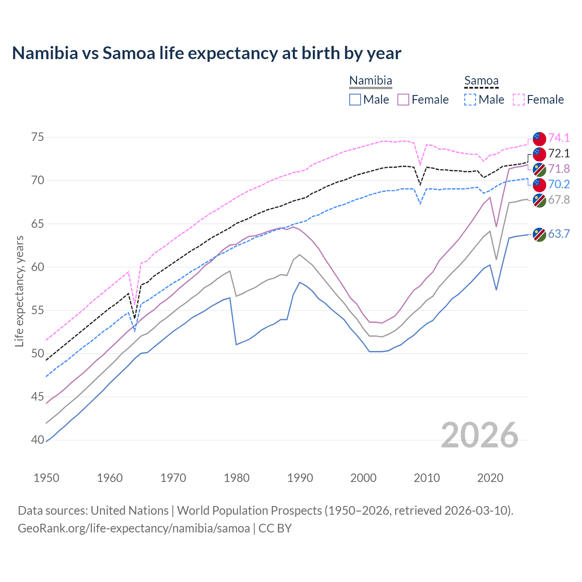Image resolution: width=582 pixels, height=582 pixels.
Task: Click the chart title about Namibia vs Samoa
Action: pos(206,53)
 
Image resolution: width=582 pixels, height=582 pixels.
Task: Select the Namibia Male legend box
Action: pos(355,100)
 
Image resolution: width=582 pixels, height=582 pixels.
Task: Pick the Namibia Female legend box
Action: pos(403,100)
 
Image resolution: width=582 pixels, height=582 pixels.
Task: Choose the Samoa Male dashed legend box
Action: pos(470,100)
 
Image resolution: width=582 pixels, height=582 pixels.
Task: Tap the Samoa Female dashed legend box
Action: pos(519,100)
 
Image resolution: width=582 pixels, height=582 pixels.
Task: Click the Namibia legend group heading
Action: pos(371,81)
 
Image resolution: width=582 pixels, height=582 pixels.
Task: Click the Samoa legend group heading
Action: pos(482,81)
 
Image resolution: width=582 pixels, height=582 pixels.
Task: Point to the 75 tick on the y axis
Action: pos(38,137)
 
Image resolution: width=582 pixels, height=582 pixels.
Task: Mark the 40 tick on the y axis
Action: pos(38,440)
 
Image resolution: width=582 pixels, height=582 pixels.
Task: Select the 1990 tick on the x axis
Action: pos(300,478)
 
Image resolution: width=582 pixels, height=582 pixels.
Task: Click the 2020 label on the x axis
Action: pos(490,478)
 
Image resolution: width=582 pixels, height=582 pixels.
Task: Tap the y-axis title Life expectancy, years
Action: pos(19,291)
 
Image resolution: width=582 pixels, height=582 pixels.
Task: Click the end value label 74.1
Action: pos(559,138)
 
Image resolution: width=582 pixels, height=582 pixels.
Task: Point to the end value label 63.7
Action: pos(559,234)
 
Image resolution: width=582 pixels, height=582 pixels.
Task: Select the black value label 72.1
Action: pos(559,153)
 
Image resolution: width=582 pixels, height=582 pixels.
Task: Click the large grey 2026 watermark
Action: pos(480,435)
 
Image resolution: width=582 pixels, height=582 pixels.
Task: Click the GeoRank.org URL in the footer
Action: pos(134,528)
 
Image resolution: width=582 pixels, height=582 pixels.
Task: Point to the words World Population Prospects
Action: pos(249,511)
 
